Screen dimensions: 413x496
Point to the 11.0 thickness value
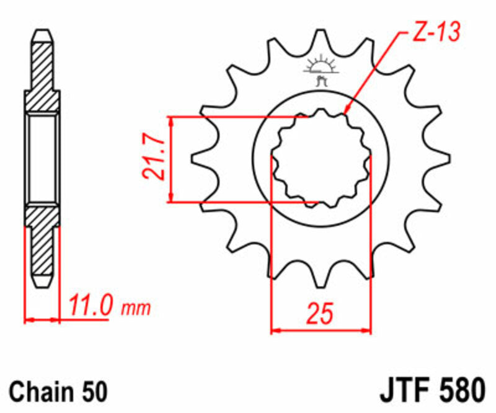click(x=91, y=306)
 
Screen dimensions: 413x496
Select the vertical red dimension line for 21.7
click(x=173, y=159)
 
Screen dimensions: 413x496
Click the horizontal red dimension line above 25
click(x=321, y=330)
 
